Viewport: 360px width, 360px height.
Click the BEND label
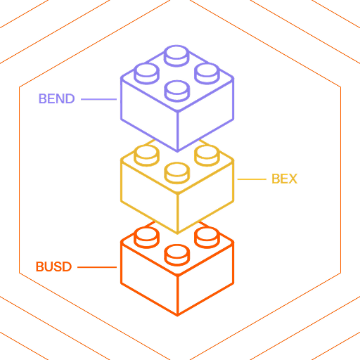point(57,98)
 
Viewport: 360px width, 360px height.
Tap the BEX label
point(284,179)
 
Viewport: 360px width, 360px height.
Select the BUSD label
point(53,266)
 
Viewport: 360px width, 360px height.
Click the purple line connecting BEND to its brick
point(98,99)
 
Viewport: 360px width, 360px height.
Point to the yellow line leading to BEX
point(252,179)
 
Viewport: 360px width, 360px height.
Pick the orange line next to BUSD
point(97,267)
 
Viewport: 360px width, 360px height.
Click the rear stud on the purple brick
point(176,56)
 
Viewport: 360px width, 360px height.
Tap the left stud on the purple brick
point(147,74)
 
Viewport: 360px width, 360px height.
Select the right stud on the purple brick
point(207,74)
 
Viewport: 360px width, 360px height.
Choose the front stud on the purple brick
point(177,91)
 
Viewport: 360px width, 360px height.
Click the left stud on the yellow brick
point(147,155)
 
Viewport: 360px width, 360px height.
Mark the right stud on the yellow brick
point(207,155)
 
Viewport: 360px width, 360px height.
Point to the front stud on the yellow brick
point(177,173)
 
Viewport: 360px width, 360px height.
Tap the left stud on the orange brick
point(147,238)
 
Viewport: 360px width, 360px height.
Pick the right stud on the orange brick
point(207,238)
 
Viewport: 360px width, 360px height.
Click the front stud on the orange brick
point(177,255)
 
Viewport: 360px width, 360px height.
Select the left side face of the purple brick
point(149,115)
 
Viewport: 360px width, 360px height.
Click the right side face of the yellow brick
point(205,197)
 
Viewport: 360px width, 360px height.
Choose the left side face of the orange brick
point(149,279)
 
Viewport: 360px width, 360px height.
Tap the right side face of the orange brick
point(205,279)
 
